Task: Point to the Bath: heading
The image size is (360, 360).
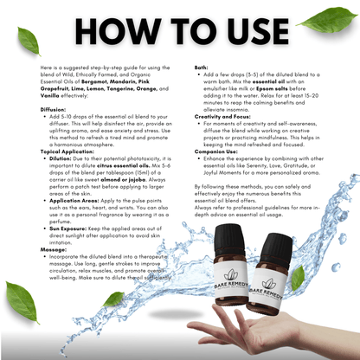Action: pyautogui.click(x=201, y=67)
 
